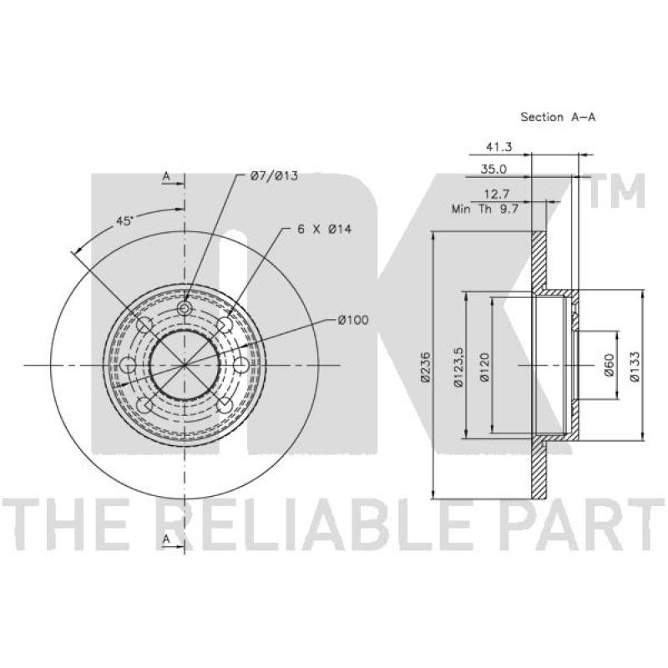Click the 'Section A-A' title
pyautogui.click(x=558, y=117)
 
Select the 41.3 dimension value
pyautogui.click(x=498, y=147)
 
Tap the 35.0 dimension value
pyautogui.click(x=493, y=170)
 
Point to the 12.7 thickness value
pyautogui.click(x=497, y=195)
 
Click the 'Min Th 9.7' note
pyautogui.click(x=485, y=210)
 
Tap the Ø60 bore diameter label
pyautogui.click(x=610, y=365)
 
